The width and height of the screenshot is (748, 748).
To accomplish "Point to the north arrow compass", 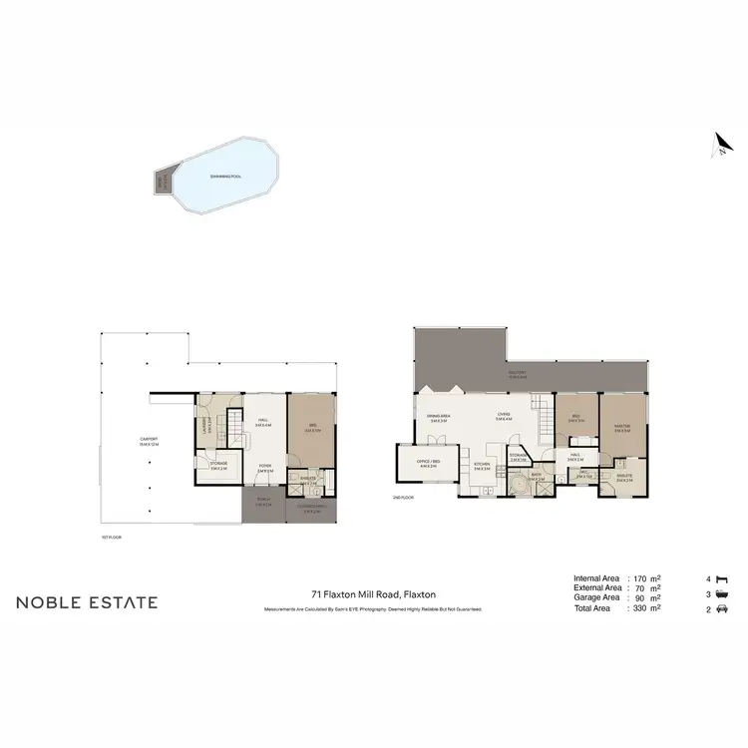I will [715, 147].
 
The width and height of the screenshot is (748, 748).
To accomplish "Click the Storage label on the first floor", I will [218, 464].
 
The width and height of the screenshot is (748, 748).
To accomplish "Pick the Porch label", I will [263, 502].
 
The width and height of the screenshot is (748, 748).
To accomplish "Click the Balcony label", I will [517, 376].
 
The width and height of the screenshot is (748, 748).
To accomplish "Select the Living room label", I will [503, 417].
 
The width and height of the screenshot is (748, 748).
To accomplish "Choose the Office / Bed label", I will [429, 463].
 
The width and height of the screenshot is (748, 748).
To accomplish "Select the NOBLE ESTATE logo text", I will [87, 601].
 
